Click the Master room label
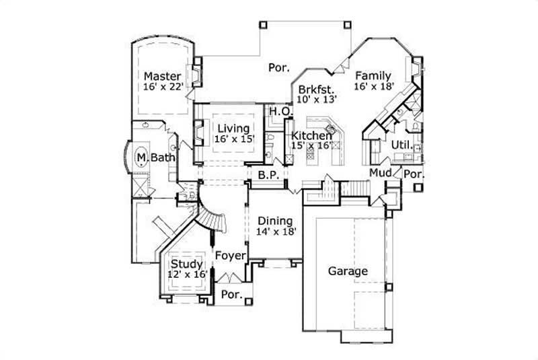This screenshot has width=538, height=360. click(161, 75)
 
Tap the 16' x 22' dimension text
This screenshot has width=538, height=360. click(161, 86)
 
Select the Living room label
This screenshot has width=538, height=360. click(233, 128)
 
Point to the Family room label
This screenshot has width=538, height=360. click(373, 75)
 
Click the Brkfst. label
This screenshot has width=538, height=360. click(317, 87)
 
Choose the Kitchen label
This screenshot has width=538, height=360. click(311, 135)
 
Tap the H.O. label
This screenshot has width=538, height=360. click(279, 110)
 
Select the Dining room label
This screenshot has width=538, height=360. click(275, 221)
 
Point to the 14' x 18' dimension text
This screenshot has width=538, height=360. click(276, 231)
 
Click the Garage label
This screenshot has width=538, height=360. click(348, 271)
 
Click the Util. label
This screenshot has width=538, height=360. click(401, 145)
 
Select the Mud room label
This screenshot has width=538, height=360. click(380, 173)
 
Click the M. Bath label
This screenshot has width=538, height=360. click(156, 157)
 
